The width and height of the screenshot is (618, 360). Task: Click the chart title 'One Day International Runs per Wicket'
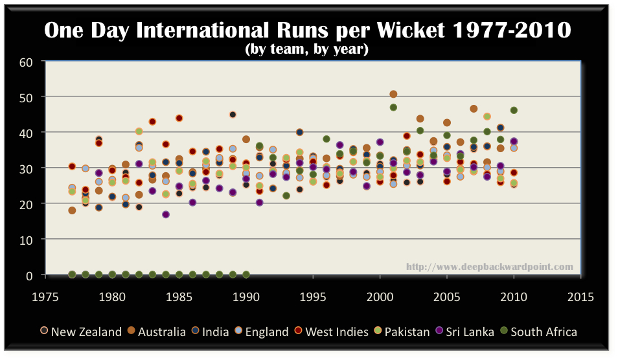click(x=308, y=30)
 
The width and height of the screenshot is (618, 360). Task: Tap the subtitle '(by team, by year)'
click(x=308, y=49)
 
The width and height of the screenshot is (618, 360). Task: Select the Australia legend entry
click(x=157, y=332)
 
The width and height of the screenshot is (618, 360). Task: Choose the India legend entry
click(x=214, y=332)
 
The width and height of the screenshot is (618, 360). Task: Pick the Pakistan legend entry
click(x=405, y=332)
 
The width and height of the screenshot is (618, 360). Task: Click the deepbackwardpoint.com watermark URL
click(x=490, y=267)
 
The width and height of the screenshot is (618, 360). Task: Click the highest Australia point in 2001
click(x=393, y=95)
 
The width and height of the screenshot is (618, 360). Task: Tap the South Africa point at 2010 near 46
click(x=514, y=110)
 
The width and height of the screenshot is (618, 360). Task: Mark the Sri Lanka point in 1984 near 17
click(x=166, y=214)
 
